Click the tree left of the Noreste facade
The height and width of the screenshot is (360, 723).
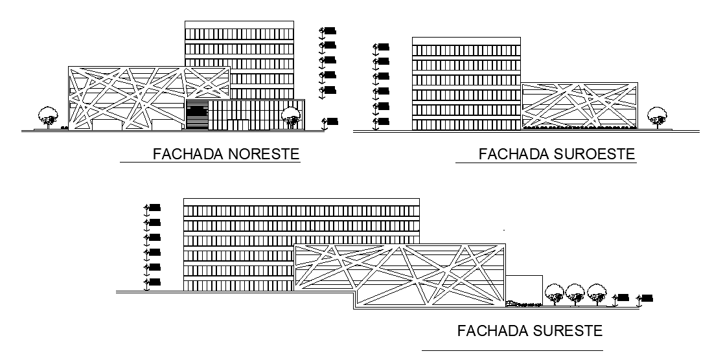(x=47, y=117)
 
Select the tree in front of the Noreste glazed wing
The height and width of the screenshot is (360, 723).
(x=291, y=117)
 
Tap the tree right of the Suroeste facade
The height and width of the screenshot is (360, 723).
(x=656, y=117)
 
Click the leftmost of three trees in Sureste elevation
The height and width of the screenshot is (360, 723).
(x=554, y=293)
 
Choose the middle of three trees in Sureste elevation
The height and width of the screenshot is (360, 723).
(x=575, y=293)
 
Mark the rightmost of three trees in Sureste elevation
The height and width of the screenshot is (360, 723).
(x=595, y=293)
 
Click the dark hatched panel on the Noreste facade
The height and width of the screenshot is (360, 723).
(x=197, y=117)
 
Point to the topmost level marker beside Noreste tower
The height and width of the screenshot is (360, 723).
(x=329, y=30)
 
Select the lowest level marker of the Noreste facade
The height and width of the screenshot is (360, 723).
(x=332, y=120)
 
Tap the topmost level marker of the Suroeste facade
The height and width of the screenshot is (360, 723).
(x=382, y=47)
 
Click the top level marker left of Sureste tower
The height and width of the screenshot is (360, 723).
(x=154, y=208)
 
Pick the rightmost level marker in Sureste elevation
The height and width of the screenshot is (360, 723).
(x=647, y=297)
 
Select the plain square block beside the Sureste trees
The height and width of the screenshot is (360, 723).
(x=523, y=289)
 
